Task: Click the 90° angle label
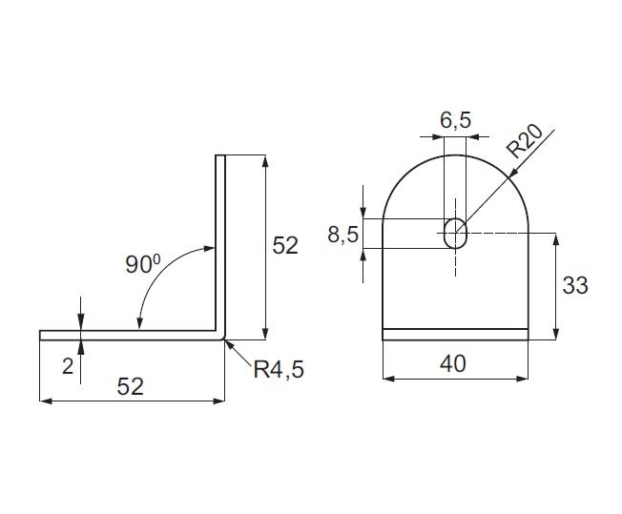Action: click(143, 264)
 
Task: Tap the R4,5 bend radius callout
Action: click(279, 369)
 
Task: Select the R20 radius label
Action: click(525, 141)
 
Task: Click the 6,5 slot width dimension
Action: click(455, 120)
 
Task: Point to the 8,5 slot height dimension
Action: click(343, 234)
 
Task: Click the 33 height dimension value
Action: click(575, 285)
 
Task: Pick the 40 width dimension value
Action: click(453, 363)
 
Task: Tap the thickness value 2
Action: click(68, 367)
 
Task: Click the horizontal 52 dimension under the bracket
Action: click(130, 386)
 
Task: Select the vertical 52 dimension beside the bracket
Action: click(285, 245)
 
